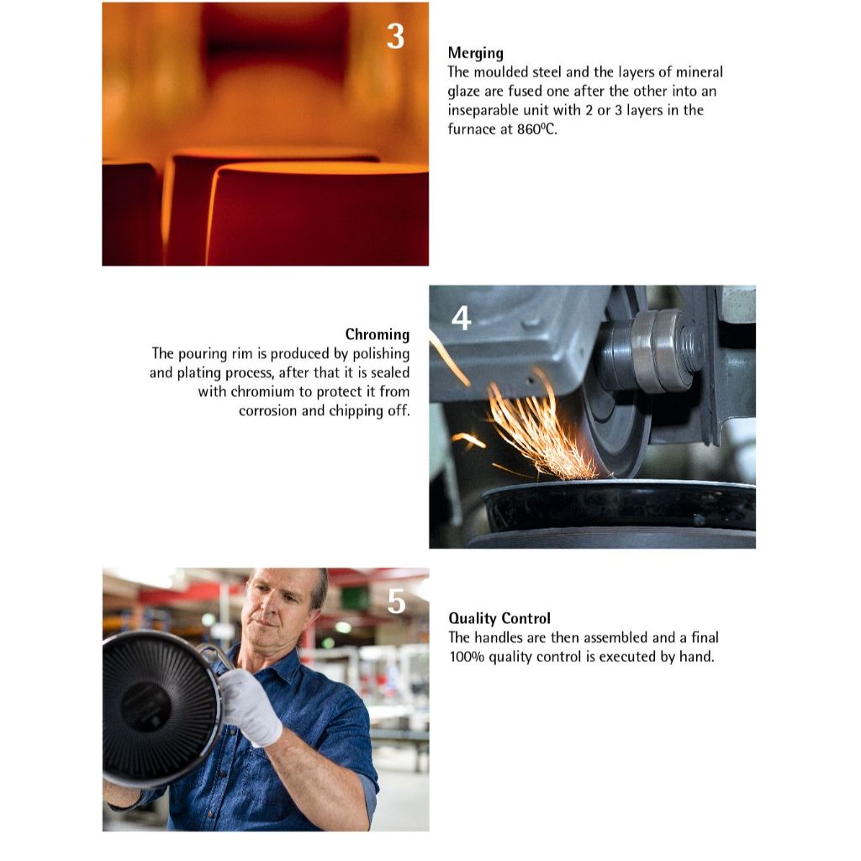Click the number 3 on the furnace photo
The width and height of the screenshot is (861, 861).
(395, 37)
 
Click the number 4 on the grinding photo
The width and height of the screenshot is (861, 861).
(462, 318)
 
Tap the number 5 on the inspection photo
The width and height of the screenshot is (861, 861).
(397, 601)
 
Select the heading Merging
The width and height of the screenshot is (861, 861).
(476, 53)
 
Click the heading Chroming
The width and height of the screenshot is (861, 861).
(378, 335)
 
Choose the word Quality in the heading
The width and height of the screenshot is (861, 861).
(473, 619)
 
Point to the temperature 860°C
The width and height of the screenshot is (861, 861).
(536, 129)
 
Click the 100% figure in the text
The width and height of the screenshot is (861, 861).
(467, 657)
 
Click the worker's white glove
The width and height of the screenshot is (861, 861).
(251, 706)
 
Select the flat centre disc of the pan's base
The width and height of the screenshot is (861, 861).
(146, 705)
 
